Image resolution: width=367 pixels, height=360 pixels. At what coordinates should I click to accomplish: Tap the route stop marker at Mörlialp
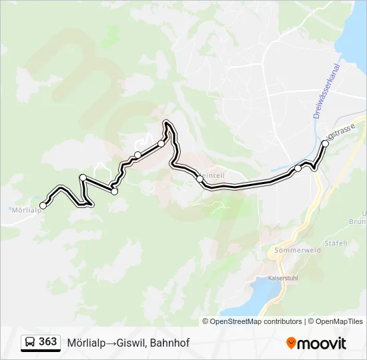coord(43,205)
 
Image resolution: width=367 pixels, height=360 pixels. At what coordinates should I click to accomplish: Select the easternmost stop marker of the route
coord(326,143)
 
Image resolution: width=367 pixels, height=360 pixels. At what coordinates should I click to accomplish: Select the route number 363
coord(47,342)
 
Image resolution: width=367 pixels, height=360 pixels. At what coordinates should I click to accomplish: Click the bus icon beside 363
coord(30,343)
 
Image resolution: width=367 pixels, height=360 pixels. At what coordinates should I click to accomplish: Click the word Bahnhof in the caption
coord(170,343)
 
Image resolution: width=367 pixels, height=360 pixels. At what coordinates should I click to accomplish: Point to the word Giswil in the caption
coord(131,343)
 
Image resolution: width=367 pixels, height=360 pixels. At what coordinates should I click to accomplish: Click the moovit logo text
coord(322,343)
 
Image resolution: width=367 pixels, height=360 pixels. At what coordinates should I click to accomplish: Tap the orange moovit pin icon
coord(291,343)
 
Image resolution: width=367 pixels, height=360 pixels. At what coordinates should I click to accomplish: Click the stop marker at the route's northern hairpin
coord(161,143)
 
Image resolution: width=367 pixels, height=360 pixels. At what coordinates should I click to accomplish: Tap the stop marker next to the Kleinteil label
coord(200,179)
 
